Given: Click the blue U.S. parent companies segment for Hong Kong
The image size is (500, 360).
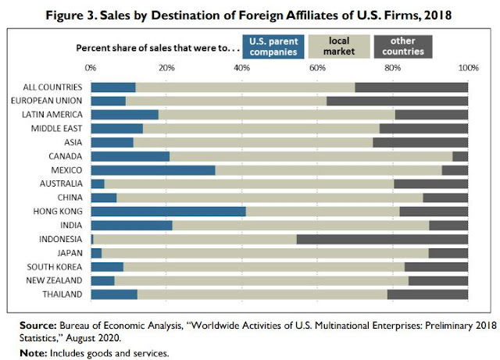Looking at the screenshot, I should pos(168,211).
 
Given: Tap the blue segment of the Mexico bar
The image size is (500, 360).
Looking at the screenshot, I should pos(152,169).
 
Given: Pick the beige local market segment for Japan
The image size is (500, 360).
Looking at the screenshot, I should pos(265,253).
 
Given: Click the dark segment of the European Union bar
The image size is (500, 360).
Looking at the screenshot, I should pos(397,101).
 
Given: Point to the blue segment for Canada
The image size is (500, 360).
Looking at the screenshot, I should pos(130,156).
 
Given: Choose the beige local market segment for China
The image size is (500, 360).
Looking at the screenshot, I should pos(270,198).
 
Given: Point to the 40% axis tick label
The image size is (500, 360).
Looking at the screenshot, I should pos(241,68).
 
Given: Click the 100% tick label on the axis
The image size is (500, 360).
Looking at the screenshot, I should pos(467,68).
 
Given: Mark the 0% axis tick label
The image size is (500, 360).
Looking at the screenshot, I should pos(91,68).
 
